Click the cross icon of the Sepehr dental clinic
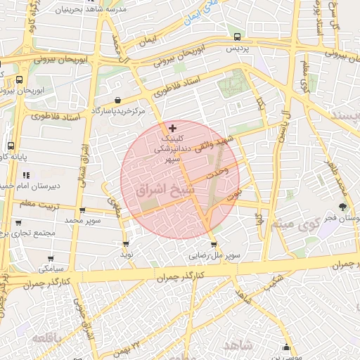pos(173,128)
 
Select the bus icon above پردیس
pos(237,37)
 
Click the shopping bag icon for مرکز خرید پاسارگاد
pos(117,101)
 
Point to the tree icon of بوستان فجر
pos(342,207)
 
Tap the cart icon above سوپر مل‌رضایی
pos(214,245)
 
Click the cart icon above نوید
pos(126,244)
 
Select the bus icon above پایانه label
pos(11,145)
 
